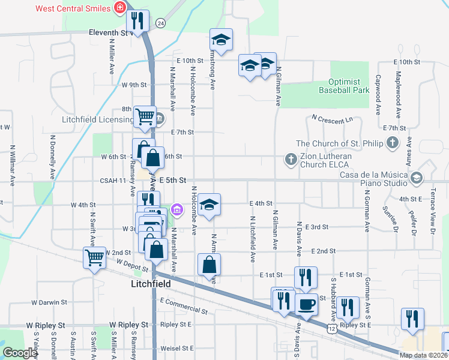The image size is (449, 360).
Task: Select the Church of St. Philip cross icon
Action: [x=393, y=143]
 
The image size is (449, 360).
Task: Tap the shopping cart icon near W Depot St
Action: [x=94, y=258]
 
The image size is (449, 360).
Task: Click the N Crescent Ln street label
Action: [x=332, y=119]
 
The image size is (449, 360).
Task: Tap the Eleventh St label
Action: [x=109, y=33]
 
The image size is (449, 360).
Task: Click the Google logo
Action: [x=20, y=353]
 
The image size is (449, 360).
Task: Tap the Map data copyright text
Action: [x=423, y=355]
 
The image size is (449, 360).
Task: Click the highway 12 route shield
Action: [x=332, y=329]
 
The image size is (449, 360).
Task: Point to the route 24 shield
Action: [x=160, y=23]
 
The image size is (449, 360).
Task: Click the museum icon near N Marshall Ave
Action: [x=177, y=209]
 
